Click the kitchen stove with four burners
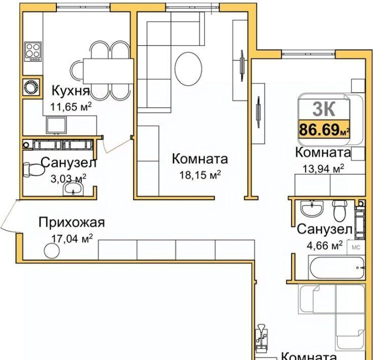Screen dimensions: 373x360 33,52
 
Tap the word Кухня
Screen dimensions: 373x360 71,91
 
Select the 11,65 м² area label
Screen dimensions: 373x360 71,106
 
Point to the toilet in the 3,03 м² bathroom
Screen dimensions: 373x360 34,169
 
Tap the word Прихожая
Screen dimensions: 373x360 72,223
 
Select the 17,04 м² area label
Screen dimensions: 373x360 72,238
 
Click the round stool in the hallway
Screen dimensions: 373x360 52,250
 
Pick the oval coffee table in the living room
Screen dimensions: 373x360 188,68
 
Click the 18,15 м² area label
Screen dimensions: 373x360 200,175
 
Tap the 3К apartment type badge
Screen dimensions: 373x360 324,109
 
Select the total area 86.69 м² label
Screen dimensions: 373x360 324,129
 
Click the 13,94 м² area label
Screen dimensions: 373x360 323,169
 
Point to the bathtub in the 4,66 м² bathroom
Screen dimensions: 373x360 337,267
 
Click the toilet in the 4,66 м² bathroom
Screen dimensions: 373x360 340,210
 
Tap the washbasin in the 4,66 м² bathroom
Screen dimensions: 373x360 312,209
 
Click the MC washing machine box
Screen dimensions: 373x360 356,247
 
